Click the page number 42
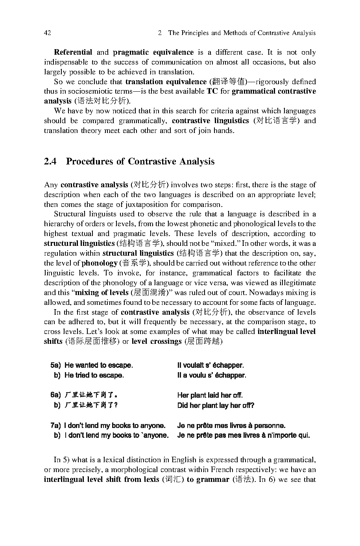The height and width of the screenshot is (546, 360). click(48, 33)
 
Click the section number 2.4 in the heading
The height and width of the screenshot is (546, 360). click(51, 162)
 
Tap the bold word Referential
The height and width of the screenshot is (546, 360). click(73, 52)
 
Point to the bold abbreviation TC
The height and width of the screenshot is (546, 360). click(212, 91)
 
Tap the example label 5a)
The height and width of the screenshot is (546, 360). click(57, 365)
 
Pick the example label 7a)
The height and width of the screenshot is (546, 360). click(57, 426)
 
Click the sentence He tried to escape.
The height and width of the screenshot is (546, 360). click(94, 375)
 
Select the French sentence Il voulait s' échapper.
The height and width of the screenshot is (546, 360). click(210, 365)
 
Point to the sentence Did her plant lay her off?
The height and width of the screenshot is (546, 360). click(216, 406)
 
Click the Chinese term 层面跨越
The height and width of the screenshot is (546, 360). click(203, 341)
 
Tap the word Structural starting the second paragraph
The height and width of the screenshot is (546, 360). click(68, 214)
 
